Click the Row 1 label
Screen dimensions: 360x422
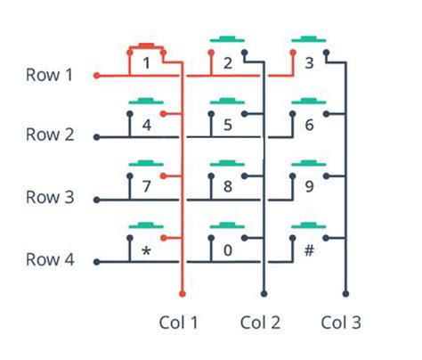pyautogui.click(x=49, y=75)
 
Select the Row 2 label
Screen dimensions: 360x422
pyautogui.click(x=49, y=135)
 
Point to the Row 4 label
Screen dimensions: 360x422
pyautogui.click(x=49, y=261)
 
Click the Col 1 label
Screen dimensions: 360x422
pyautogui.click(x=178, y=322)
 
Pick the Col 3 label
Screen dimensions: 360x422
pyautogui.click(x=342, y=322)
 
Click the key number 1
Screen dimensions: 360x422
pyautogui.click(x=146, y=64)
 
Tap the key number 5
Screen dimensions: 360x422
pyautogui.click(x=228, y=125)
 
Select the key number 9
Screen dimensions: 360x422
pyautogui.click(x=309, y=188)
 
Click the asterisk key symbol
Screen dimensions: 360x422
pyautogui.click(x=146, y=252)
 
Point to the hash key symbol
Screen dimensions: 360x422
pyautogui.click(x=309, y=250)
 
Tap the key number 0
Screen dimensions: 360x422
pyautogui.click(x=228, y=250)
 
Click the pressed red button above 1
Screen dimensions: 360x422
pyautogui.click(x=146, y=45)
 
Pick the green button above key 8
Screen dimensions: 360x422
pyautogui.click(x=228, y=164)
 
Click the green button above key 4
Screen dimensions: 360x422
pyautogui.click(x=146, y=102)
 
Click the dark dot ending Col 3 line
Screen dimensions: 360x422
pyautogui.click(x=345, y=292)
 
